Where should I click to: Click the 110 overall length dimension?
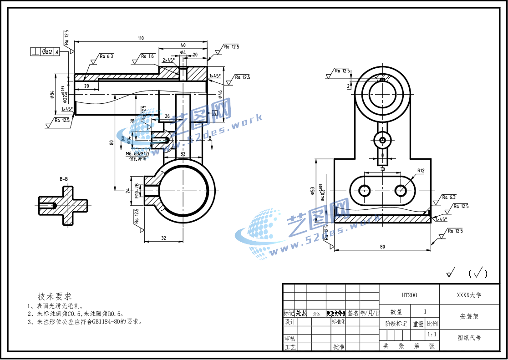(141, 38)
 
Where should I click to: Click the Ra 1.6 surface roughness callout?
(147, 56)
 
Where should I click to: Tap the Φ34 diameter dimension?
(52, 95)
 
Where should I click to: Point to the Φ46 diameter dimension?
(220, 94)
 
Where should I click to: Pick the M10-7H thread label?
(137, 191)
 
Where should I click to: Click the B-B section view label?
(64, 179)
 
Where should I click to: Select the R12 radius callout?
(420, 171)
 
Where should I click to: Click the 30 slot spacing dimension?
(382, 169)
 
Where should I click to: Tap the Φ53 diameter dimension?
(313, 190)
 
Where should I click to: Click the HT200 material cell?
(409, 295)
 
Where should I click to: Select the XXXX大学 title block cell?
(469, 295)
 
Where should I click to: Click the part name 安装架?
(469, 316)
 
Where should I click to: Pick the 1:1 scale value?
(432, 335)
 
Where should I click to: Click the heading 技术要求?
(55, 296)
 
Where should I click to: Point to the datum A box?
(213, 112)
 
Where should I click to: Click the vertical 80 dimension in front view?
(111, 142)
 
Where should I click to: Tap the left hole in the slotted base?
(364, 190)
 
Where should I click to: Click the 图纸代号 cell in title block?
(469, 338)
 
